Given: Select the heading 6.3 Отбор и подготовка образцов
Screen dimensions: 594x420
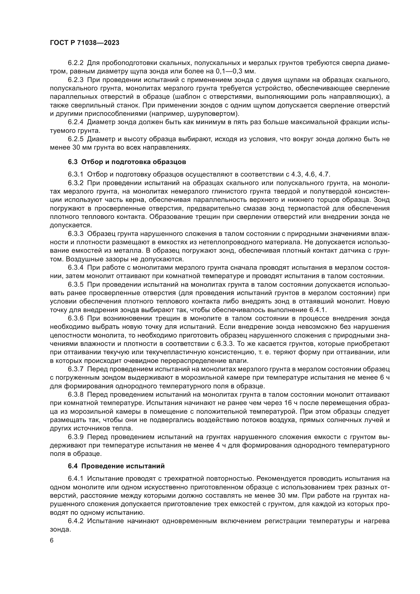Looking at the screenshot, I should click(127, 162).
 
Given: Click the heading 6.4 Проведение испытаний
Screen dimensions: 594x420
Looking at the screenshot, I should click(116, 466).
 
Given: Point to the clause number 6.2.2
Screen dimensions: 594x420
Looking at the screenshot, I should click(76, 63).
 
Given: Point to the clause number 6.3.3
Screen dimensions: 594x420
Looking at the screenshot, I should click(76, 234).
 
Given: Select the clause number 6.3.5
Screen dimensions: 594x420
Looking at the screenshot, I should click(76, 285).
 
